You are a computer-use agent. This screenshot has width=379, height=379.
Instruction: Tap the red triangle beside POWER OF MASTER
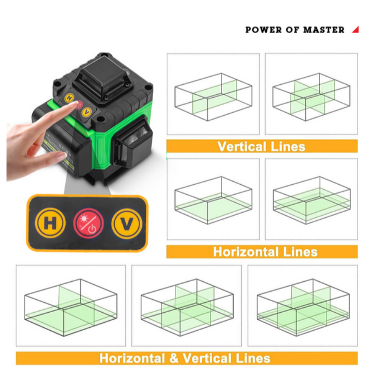[x=355, y=30]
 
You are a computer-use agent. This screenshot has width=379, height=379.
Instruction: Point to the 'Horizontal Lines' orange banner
[x=262, y=251]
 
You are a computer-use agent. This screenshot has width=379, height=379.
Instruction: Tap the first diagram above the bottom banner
[x=71, y=306]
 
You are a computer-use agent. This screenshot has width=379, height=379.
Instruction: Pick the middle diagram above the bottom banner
[x=187, y=306]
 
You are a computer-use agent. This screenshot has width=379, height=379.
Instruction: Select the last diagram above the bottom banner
[x=303, y=306]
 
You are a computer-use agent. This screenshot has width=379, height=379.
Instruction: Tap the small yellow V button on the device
[x=86, y=112]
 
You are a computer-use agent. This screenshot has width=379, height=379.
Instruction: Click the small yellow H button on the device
[x=70, y=99]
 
